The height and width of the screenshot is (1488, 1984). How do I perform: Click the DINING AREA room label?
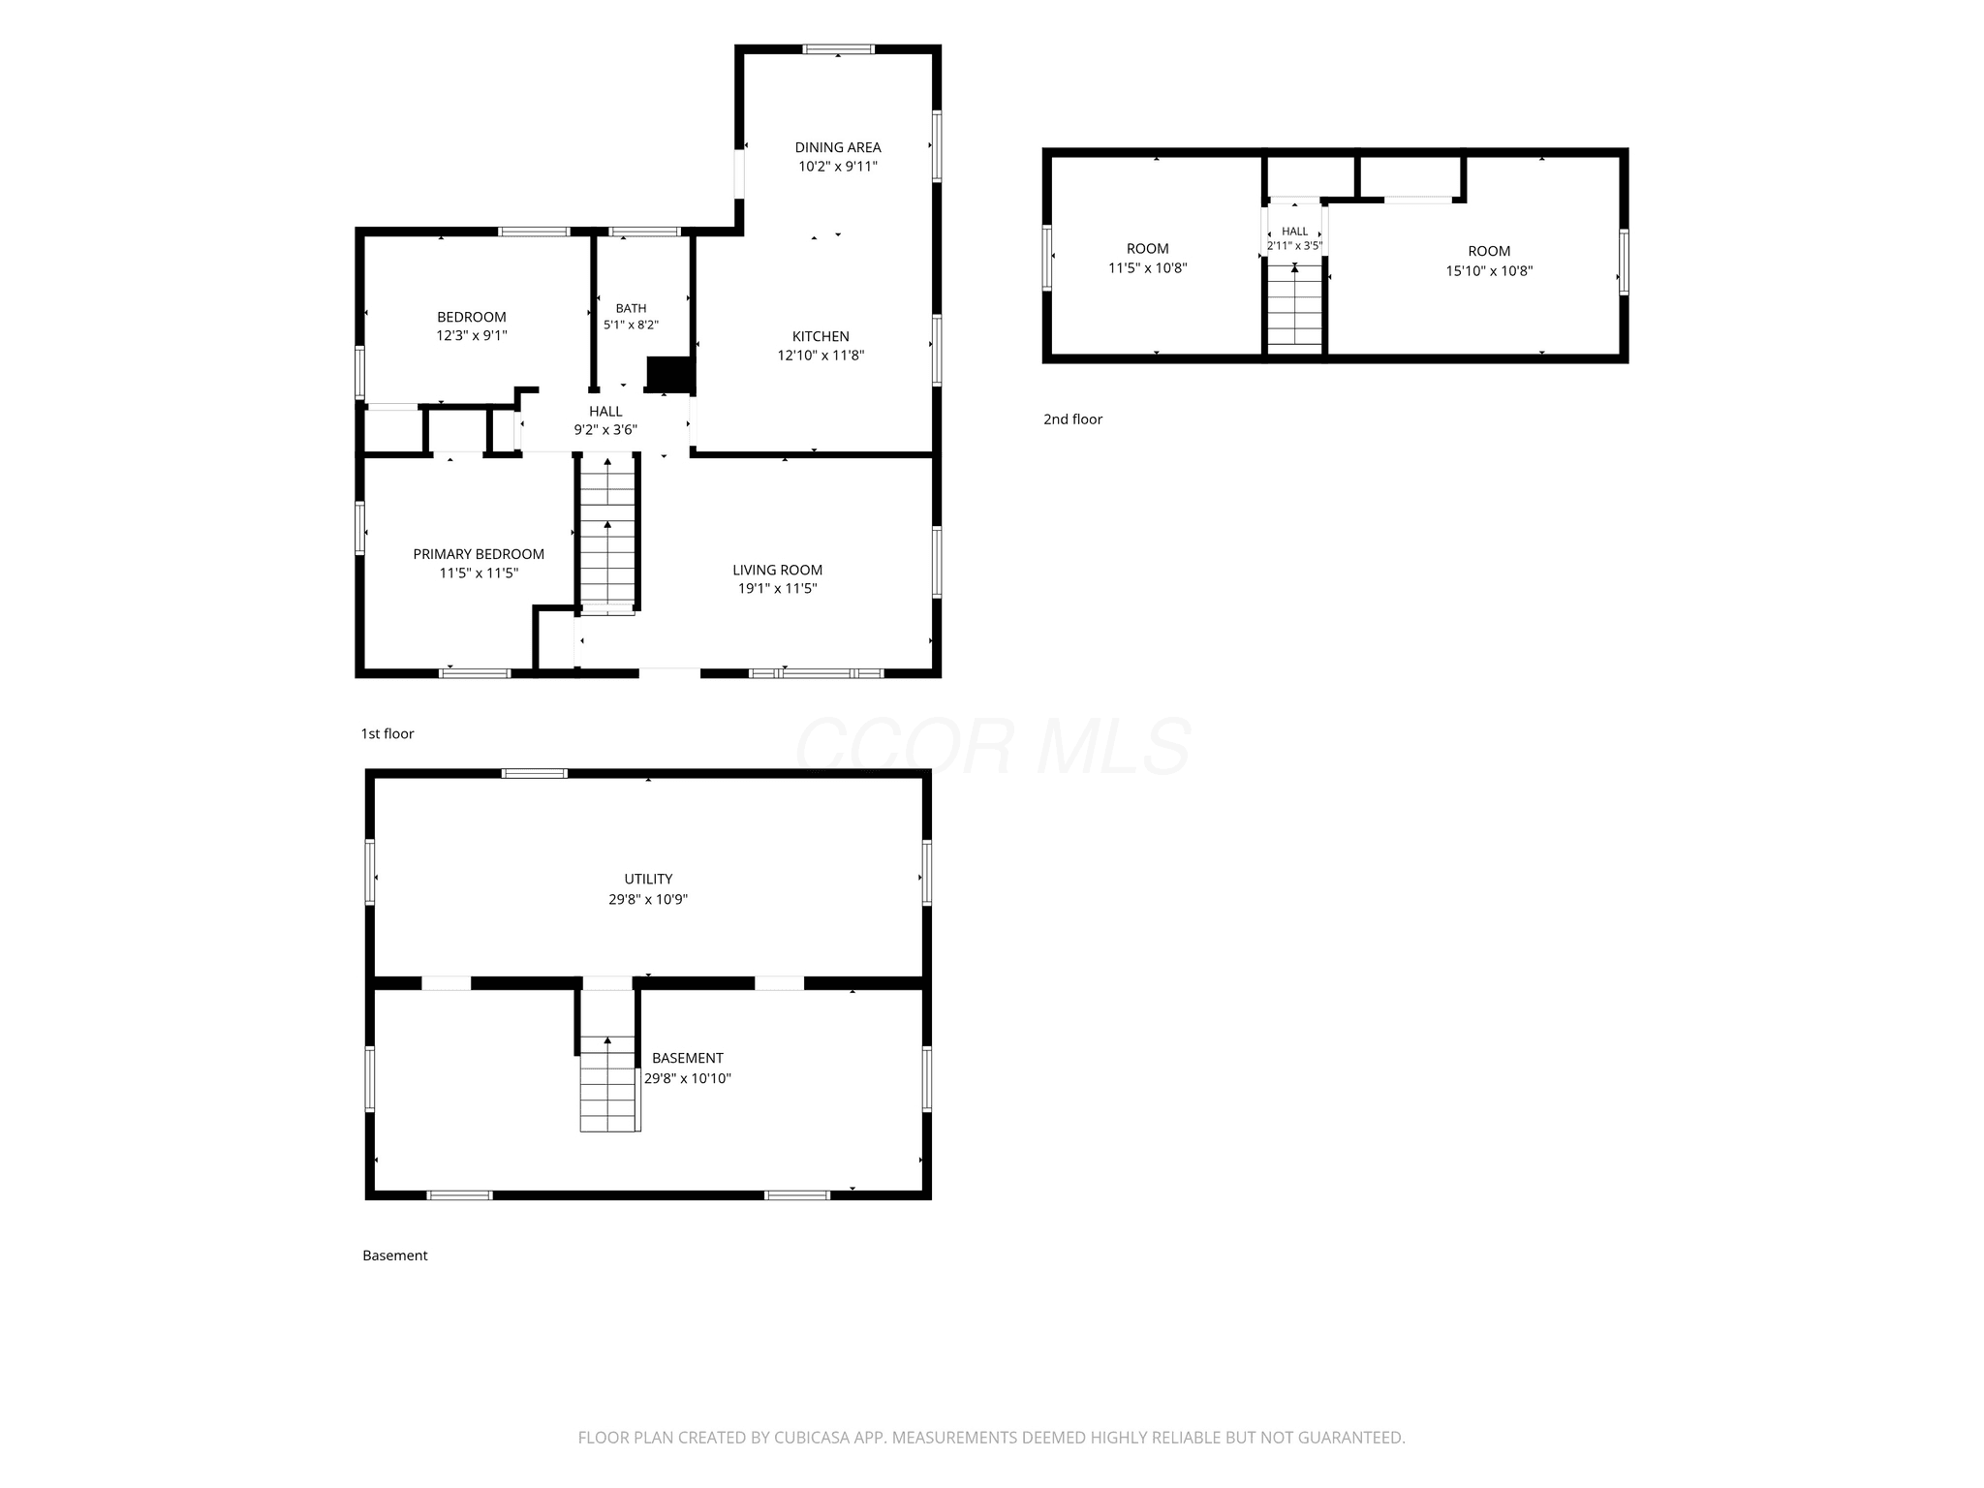click(x=838, y=147)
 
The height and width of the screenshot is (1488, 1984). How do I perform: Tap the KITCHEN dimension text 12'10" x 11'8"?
click(x=821, y=356)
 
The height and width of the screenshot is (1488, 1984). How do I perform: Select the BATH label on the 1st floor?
click(x=631, y=309)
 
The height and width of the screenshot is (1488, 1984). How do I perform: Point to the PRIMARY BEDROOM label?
click(x=479, y=554)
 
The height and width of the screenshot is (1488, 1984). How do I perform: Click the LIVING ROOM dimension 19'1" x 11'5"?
click(x=778, y=588)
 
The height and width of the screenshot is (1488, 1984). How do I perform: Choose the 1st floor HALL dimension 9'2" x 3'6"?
click(x=605, y=429)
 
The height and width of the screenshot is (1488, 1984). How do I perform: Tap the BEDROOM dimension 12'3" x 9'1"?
click(x=472, y=336)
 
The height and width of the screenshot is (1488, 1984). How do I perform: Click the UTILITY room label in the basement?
click(x=648, y=879)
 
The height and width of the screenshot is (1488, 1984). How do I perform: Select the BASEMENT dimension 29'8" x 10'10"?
click(x=688, y=1078)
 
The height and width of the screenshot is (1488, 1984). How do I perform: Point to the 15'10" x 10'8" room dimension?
click(x=1489, y=271)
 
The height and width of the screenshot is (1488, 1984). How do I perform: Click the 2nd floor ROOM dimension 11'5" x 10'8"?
click(x=1148, y=268)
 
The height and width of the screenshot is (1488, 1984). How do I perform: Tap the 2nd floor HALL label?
click(x=1295, y=232)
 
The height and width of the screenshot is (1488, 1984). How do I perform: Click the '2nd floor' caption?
click(x=1072, y=419)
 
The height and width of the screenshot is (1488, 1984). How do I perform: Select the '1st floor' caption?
click(x=387, y=734)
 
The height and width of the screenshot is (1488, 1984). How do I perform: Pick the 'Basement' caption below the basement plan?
click(x=395, y=1255)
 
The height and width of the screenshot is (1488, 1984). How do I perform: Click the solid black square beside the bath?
click(x=669, y=375)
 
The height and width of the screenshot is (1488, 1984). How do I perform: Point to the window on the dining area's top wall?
click(x=839, y=49)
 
